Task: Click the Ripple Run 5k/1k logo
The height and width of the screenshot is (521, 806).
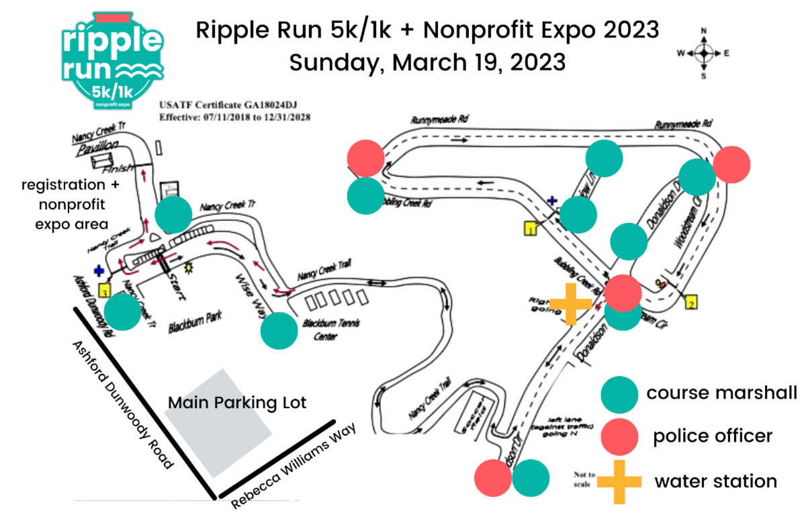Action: pos(112,62)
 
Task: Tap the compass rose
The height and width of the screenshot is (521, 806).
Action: pos(703,53)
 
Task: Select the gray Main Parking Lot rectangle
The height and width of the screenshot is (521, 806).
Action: pos(218,420)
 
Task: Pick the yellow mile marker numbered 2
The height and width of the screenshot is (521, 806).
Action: pos(691,303)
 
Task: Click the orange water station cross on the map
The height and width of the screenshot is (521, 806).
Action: pos(570,303)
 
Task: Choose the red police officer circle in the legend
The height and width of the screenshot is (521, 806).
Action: pos(619,437)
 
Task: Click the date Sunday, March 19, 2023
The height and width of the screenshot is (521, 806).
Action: pos(427,62)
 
